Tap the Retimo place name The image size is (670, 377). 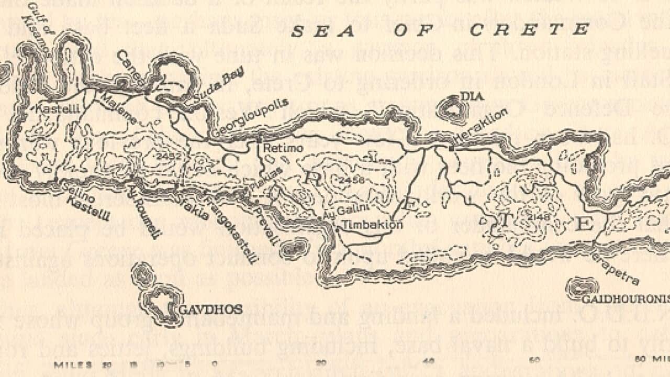pyautogui.click(x=283, y=148)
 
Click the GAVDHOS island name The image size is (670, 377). pyautogui.click(x=211, y=309)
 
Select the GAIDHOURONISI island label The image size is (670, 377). pyautogui.click(x=626, y=298)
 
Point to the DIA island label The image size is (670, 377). pyautogui.click(x=471, y=96)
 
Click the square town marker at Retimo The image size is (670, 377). pyautogui.click(x=259, y=140)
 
